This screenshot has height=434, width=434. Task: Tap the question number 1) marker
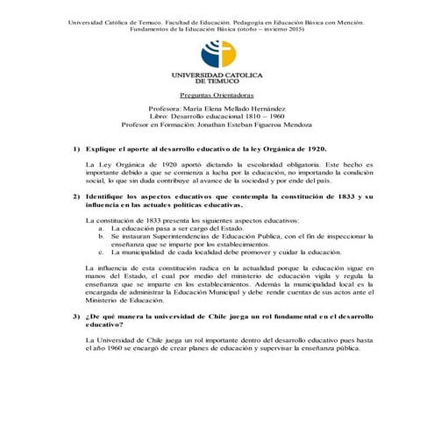pos(76,150)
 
